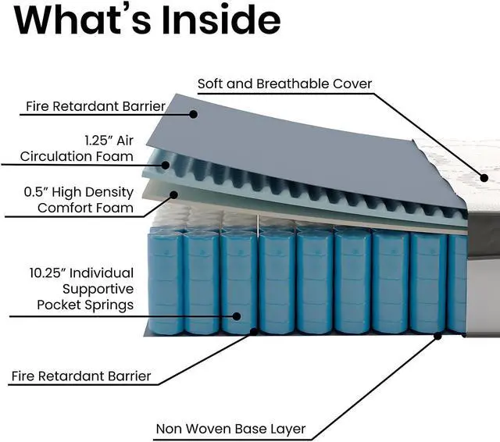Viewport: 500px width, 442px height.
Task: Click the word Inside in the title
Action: pyautogui.click(x=221, y=20)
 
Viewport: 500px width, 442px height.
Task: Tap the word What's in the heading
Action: pyautogui.click(x=83, y=20)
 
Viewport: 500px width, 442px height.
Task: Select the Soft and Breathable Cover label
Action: pyautogui.click(x=284, y=84)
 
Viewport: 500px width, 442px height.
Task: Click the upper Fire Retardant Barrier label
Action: pyautogui.click(x=95, y=106)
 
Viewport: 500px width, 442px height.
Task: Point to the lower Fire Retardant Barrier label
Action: pyautogui.click(x=81, y=376)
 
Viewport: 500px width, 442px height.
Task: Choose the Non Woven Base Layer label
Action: pyautogui.click(x=231, y=429)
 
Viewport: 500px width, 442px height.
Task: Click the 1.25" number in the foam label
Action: pyautogui.click(x=97, y=141)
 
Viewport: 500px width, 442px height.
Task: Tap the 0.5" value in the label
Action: pyautogui.click(x=36, y=192)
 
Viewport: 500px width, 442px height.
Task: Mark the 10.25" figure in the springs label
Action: pyautogui.click(x=48, y=273)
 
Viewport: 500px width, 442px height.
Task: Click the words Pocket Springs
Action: pyautogui.click(x=85, y=305)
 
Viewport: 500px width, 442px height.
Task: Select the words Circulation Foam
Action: pyautogui.click(x=77, y=156)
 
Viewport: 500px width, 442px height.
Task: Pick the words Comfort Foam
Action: pyautogui.click(x=85, y=208)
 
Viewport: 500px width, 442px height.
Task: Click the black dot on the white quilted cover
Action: pyautogui.click(x=484, y=178)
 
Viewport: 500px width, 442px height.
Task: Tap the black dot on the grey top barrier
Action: pyautogui.click(x=193, y=114)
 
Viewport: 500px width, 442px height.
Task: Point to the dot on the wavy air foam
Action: pyautogui.click(x=165, y=165)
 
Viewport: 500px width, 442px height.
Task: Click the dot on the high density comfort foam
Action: pyautogui.click(x=173, y=194)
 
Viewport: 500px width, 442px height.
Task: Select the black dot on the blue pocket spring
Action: pyautogui.click(x=236, y=316)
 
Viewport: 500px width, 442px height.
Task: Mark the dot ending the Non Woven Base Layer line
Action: pyautogui.click(x=437, y=336)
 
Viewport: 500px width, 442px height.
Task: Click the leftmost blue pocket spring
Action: pyautogui.click(x=166, y=282)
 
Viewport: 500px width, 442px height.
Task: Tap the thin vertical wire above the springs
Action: pyautogui.click(x=258, y=226)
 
